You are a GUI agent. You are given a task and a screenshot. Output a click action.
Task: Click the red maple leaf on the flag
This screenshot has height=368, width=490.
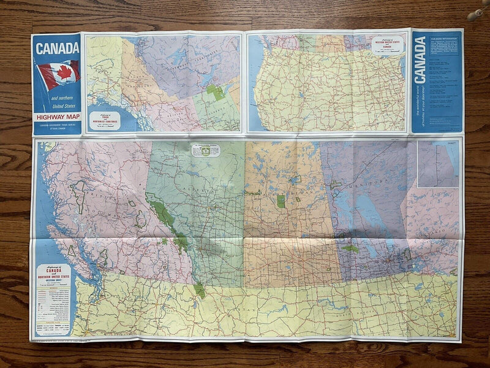(x=59, y=74)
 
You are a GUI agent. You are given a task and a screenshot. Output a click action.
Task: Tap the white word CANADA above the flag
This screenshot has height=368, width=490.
(x=56, y=48)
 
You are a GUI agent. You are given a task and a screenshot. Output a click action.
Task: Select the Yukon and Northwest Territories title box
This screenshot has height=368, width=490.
(x=104, y=120)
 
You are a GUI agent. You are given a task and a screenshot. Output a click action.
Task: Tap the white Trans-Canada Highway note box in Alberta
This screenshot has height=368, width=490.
(x=205, y=150)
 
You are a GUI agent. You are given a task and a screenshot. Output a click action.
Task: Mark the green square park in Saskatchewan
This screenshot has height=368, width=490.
(x=281, y=201)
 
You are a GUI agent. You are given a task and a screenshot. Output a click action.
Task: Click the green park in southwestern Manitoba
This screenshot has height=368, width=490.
(x=350, y=248)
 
